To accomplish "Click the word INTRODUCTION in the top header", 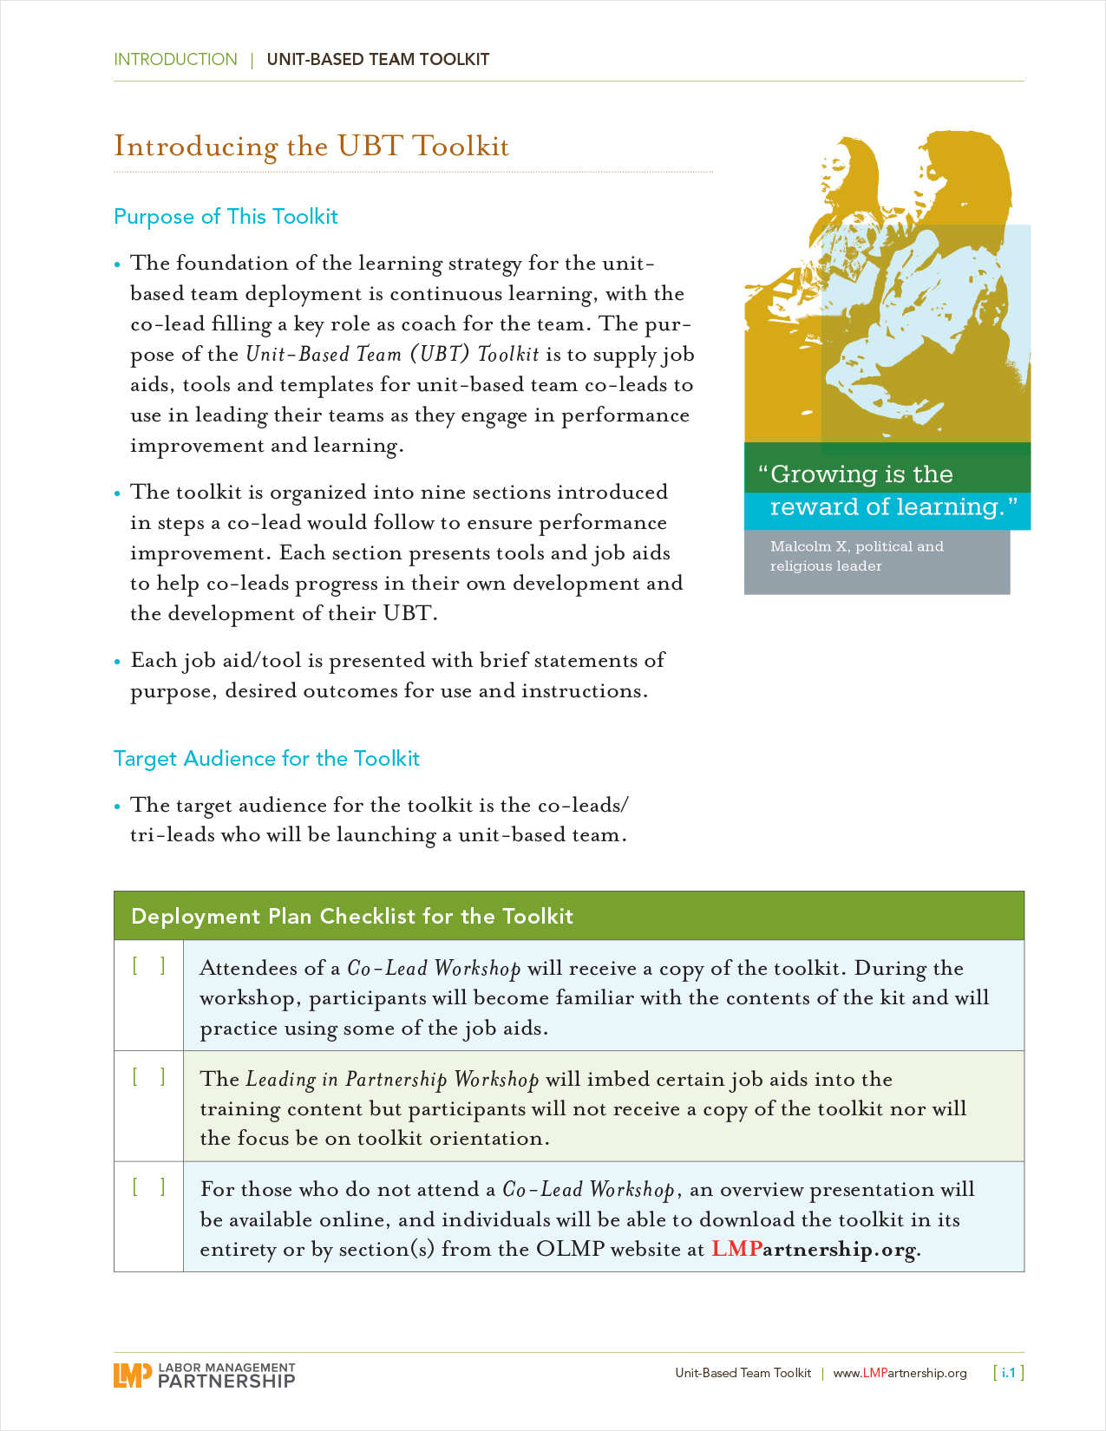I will (175, 60).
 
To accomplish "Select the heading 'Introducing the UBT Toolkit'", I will (311, 147).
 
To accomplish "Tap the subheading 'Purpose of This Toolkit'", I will (226, 217).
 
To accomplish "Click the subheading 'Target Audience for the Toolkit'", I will (266, 759).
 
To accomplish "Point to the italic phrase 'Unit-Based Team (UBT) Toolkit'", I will (392, 355).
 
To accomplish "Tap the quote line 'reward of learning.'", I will (887, 506).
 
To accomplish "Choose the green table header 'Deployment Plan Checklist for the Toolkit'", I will (352, 917).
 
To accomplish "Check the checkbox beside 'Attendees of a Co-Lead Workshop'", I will (148, 966).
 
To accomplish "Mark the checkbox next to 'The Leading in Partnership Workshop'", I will (148, 1077).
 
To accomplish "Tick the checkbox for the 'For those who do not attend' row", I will (148, 1187).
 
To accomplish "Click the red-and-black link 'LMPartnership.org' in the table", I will (814, 1250).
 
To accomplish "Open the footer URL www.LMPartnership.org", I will (900, 1373).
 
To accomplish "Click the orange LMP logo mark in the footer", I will (133, 1375).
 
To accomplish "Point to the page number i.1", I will (1008, 1373).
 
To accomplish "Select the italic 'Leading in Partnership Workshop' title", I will (392, 1080).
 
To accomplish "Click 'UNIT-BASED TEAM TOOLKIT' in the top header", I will (378, 60).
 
